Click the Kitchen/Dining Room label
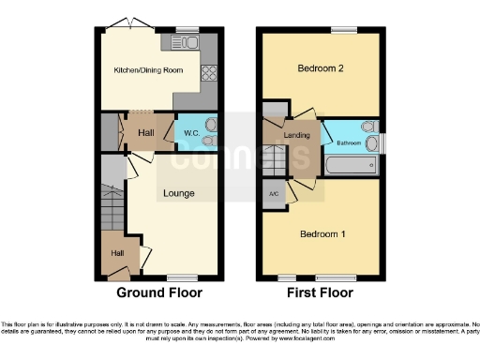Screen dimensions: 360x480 pos(148,70)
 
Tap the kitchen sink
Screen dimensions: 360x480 pos(180,42)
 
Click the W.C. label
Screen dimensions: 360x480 pos(189,132)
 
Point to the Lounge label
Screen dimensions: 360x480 pos(179,194)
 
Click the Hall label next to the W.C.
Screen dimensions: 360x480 pos(145,132)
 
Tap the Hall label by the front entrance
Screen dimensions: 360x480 pos(117,252)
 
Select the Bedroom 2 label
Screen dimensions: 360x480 pos(319,68)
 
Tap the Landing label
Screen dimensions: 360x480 pos(297,135)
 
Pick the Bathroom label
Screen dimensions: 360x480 pos(350,142)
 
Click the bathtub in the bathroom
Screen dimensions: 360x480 pos(350,167)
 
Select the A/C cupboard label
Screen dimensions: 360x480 pos(274,194)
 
